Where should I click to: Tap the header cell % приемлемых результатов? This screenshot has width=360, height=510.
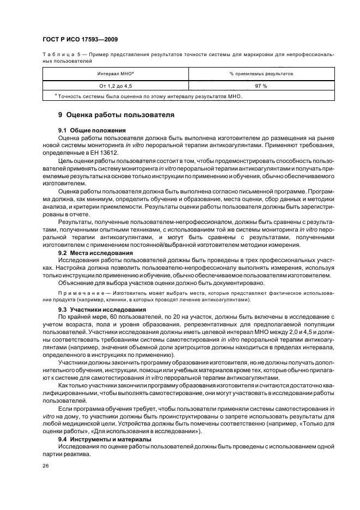point(261,73)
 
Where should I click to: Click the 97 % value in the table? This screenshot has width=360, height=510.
point(261,86)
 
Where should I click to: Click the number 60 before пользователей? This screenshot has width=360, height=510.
point(106,317)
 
